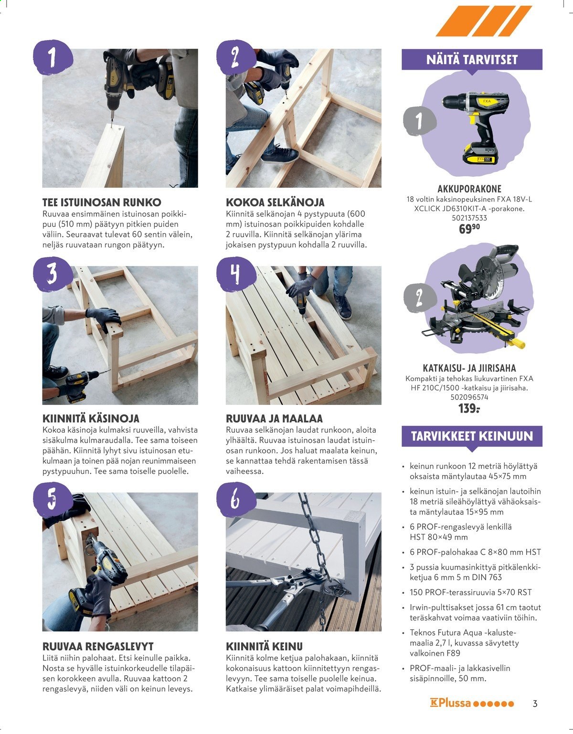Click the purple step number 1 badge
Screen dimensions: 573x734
(53, 57)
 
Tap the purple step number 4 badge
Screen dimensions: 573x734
(236, 274)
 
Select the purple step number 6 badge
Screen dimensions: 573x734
(236, 500)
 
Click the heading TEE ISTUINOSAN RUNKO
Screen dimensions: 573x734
(102, 202)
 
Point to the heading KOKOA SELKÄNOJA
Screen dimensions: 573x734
(275, 202)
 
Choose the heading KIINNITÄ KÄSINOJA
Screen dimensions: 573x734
(91, 418)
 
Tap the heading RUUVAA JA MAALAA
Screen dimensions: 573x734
(274, 418)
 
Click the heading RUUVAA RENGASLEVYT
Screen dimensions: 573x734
(98, 646)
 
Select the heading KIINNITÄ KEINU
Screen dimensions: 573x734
(265, 646)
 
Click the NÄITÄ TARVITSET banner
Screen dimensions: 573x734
(472, 60)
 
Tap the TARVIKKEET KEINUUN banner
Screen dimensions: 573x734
(472, 436)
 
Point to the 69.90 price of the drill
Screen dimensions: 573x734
(469, 229)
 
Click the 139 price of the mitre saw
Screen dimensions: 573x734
(469, 408)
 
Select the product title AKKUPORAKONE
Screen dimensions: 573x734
(469, 189)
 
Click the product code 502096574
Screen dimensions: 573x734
(469, 397)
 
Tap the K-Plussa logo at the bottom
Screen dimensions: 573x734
(472, 703)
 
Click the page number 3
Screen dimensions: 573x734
(535, 704)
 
